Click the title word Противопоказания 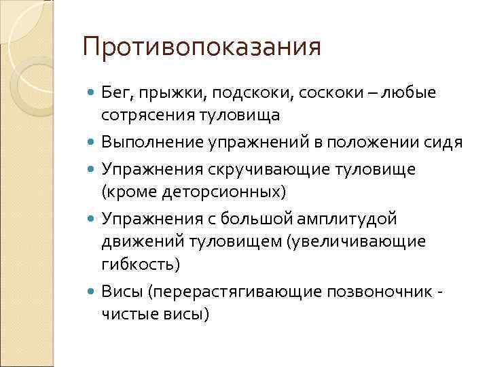tap(201, 48)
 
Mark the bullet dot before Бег tap(91, 92)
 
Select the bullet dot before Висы tap(91, 292)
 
